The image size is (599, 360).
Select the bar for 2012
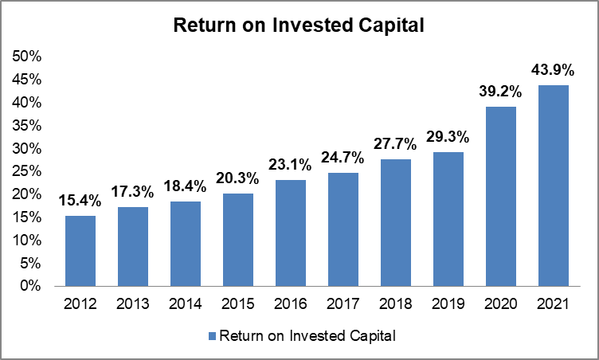coord(80,251)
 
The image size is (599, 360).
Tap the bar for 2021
coord(554,186)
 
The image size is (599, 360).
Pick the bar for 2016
coord(291,233)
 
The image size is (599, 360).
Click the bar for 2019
coord(449,219)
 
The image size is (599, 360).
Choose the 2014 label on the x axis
coord(186,303)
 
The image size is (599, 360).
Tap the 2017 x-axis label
coord(343,303)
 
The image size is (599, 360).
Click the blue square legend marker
coord(212,336)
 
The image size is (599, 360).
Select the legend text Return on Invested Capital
coord(307,336)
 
